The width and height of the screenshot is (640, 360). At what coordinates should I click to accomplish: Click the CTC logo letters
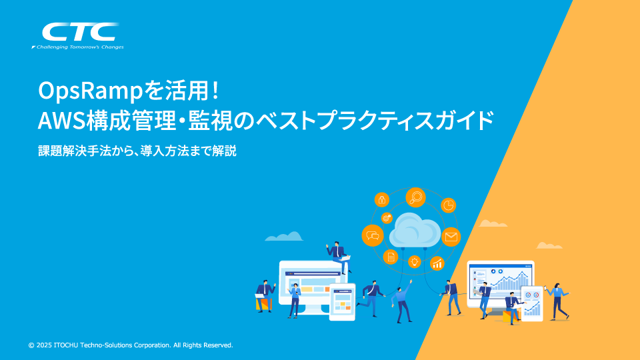[79, 32]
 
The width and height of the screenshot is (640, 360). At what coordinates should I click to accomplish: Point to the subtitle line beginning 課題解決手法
[137, 151]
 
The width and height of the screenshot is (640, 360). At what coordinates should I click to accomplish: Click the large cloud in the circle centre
[415, 229]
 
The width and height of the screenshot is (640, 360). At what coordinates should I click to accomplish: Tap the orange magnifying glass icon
[416, 197]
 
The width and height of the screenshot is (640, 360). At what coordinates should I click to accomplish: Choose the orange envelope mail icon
[451, 237]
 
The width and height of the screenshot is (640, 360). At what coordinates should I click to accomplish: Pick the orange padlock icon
[382, 199]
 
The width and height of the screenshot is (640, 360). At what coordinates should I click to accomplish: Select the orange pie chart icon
[449, 205]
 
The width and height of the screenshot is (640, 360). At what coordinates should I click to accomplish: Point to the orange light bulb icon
[414, 261]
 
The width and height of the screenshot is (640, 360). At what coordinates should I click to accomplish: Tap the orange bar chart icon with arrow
[437, 263]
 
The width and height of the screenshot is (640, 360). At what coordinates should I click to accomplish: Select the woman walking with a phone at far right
[557, 299]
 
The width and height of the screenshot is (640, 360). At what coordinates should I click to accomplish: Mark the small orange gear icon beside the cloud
[386, 217]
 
